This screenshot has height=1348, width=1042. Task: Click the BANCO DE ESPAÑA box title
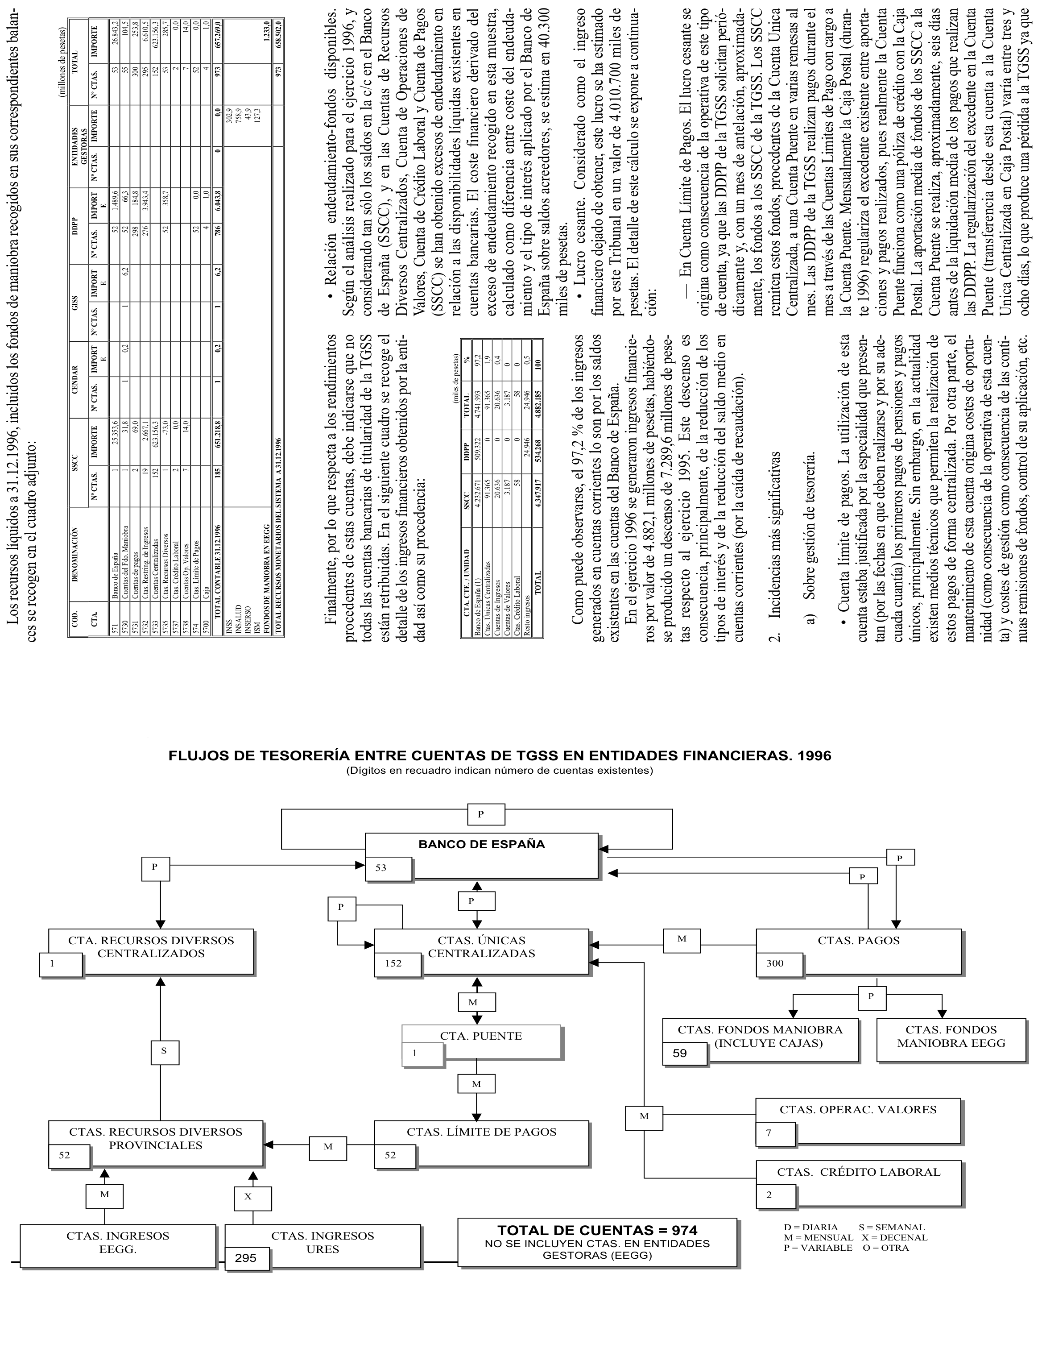tap(481, 844)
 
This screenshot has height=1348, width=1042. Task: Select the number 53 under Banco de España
tap(381, 868)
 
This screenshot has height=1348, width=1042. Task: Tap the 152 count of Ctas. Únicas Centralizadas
tap(393, 963)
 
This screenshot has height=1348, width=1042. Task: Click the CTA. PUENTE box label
tap(481, 1036)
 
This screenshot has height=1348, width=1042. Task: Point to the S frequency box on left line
tap(164, 1050)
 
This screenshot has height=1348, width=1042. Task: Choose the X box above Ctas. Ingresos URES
tap(248, 1196)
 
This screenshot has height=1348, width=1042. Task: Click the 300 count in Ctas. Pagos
tap(775, 963)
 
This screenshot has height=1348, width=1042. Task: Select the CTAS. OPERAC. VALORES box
tap(857, 1109)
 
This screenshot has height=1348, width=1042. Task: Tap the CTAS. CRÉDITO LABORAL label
tap(858, 1171)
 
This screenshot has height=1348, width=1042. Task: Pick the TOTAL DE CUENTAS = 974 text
tap(597, 1229)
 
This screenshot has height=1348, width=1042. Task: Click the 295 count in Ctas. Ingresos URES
tap(245, 1257)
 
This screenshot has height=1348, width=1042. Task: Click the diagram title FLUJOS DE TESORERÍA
tap(500, 755)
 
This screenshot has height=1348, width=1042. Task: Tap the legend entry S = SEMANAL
tap(892, 1227)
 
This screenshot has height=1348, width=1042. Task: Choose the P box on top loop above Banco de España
tap(480, 814)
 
